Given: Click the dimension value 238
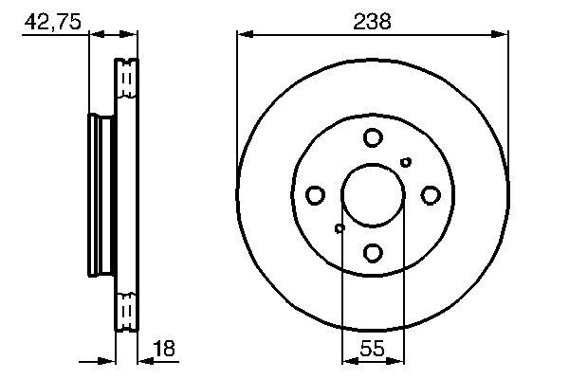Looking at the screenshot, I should pos(373,21).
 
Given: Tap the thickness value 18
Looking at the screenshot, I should pos(164,349).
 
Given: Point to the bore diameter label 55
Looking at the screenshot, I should pos(372,349).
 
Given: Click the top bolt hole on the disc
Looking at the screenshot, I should pos(372,138).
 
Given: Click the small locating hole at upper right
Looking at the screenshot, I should pos(406,162).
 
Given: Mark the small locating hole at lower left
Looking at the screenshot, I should pos(340,227).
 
